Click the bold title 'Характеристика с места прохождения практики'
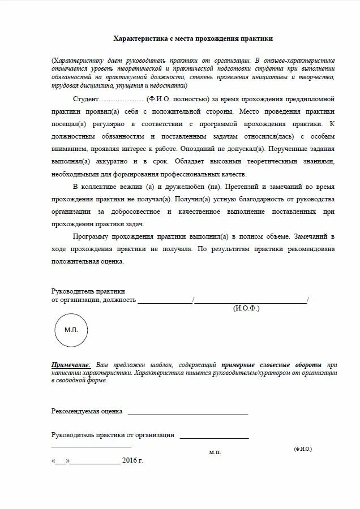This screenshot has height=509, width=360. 193,38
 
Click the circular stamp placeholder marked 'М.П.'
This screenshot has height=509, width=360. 71,329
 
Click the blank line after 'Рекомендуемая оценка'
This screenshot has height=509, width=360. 187,413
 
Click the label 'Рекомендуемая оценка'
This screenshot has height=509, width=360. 87,411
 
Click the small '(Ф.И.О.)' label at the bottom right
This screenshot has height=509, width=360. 303,448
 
